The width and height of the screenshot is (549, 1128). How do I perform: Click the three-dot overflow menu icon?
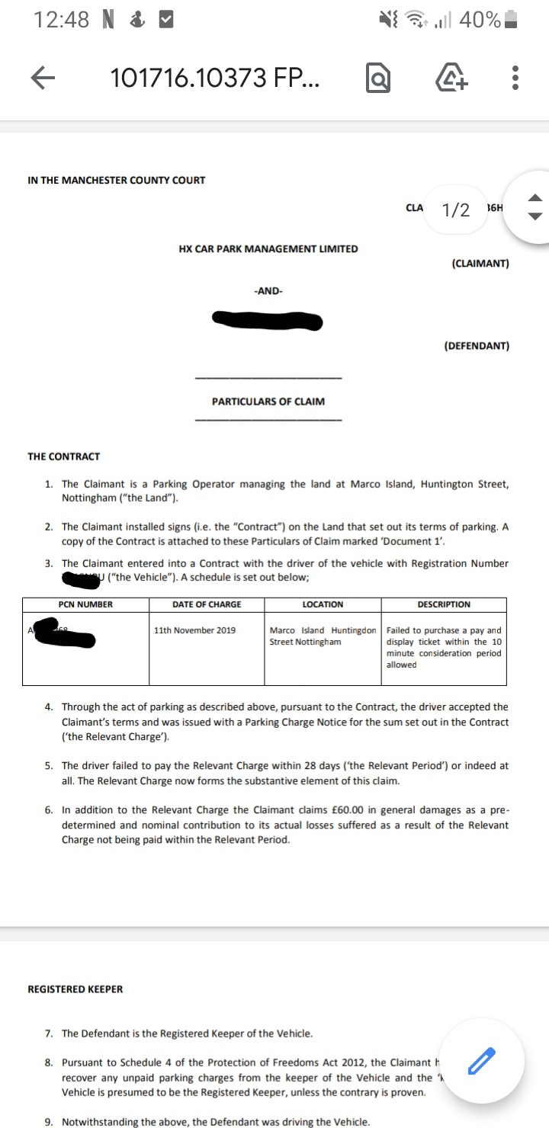pos(516,77)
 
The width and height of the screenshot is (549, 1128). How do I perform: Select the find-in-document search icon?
pos(378,78)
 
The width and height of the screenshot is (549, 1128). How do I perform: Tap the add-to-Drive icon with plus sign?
pos(451,78)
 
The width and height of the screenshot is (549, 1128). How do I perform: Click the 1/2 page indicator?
pos(456,210)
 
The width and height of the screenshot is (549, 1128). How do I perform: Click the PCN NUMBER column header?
pos(85,604)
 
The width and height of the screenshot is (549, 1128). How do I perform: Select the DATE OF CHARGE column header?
pos(206,604)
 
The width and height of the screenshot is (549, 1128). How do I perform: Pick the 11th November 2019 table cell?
pos(194,630)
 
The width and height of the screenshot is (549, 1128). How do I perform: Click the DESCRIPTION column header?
pos(444,604)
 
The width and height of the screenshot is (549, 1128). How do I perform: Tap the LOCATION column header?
pos(323,604)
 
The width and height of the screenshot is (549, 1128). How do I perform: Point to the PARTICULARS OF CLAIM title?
pos(268,401)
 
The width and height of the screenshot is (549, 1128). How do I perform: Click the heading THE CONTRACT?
pos(63,457)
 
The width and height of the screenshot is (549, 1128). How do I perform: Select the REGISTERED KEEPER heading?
pos(75,989)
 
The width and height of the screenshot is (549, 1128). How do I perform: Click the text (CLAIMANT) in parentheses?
pos(480,264)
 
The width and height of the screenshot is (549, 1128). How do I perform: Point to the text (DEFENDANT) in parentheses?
pos(477,345)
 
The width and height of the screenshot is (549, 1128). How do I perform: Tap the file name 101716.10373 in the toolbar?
pos(214,77)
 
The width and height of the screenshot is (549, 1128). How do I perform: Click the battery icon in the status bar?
pos(512,20)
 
